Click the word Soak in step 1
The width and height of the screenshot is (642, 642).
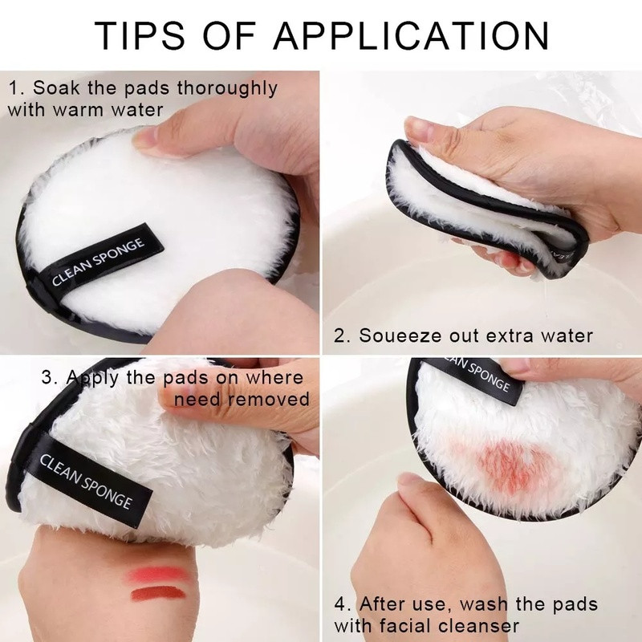[x=57, y=87]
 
